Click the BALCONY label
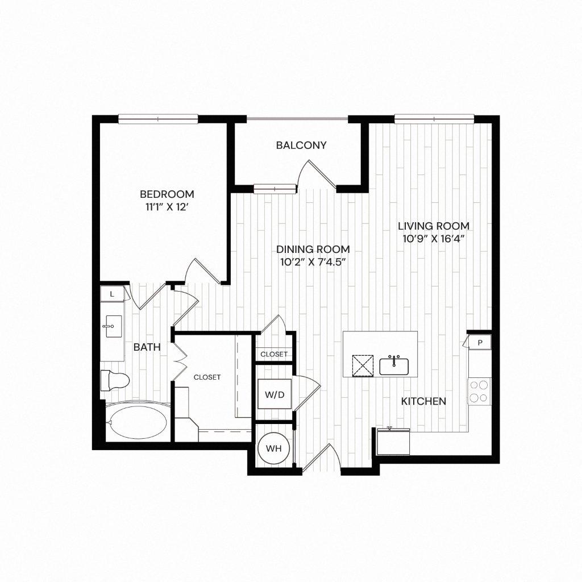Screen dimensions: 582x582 tap(301, 145)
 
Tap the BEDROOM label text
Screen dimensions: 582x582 tap(167, 194)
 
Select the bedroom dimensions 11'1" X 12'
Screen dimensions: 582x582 tap(167, 207)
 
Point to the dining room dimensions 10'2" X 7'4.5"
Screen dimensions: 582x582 tap(313, 262)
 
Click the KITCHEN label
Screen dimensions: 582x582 tap(423, 401)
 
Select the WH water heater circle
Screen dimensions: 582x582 tap(274, 448)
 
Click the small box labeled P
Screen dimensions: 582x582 tap(480, 342)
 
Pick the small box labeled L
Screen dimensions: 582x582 tap(112, 294)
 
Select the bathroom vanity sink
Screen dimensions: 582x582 tap(112, 326)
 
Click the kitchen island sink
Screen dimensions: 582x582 tap(394, 365)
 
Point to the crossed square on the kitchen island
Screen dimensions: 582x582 tap(362, 365)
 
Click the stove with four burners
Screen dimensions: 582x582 tap(479, 390)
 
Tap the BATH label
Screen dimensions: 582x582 tap(147, 347)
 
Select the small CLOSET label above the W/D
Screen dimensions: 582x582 tap(274, 354)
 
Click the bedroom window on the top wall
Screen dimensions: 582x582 tap(158, 118)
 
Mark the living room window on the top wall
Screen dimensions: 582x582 tap(434, 118)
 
